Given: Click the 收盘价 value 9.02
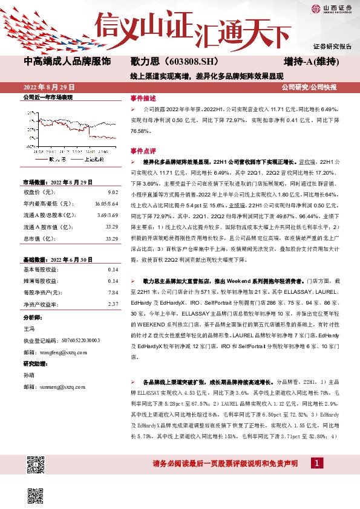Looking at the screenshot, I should [112, 192].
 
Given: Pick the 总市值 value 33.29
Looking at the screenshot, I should [111, 239].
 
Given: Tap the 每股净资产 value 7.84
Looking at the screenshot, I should [112, 293].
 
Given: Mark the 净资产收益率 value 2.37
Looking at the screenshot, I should [112, 304].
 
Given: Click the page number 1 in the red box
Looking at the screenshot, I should [316, 462].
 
